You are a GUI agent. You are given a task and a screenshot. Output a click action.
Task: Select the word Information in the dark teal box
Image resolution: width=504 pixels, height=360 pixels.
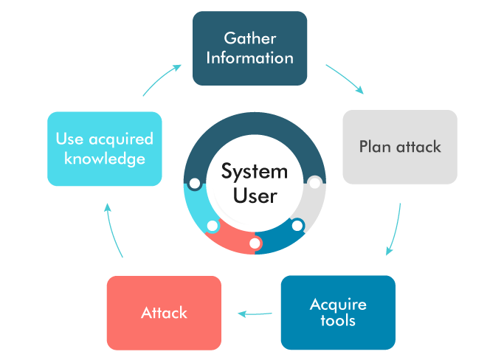(x=249, y=58)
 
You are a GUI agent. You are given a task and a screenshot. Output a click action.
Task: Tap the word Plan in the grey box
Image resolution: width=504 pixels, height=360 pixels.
(x=375, y=146)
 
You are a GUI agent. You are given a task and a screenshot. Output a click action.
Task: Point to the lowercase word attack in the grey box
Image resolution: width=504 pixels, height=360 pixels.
(x=418, y=146)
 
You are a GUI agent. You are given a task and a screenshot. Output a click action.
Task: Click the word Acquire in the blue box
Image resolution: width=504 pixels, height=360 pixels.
(x=338, y=304)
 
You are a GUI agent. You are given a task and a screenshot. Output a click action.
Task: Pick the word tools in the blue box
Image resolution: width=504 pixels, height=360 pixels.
(x=338, y=321)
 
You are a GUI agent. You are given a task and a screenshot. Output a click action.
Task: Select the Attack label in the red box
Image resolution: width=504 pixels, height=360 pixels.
(x=164, y=313)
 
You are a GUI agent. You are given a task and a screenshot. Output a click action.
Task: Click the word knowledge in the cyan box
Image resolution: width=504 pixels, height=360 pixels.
(x=104, y=159)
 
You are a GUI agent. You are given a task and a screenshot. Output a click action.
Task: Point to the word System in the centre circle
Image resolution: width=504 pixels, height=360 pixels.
(x=255, y=172)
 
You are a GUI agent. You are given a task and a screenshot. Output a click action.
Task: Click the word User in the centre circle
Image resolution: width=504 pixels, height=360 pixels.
(x=255, y=195)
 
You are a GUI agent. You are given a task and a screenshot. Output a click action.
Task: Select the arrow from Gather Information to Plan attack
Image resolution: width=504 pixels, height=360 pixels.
(x=345, y=78)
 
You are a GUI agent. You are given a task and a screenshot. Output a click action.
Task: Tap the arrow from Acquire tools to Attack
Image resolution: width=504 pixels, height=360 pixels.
(x=255, y=315)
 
